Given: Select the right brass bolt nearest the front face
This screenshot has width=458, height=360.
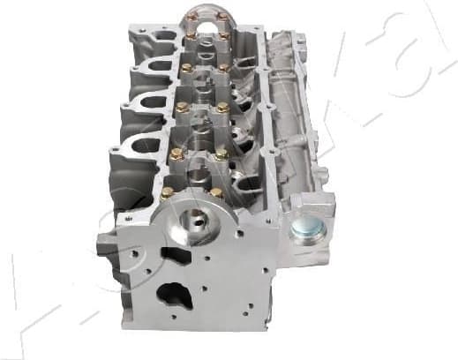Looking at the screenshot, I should pos(217,191).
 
